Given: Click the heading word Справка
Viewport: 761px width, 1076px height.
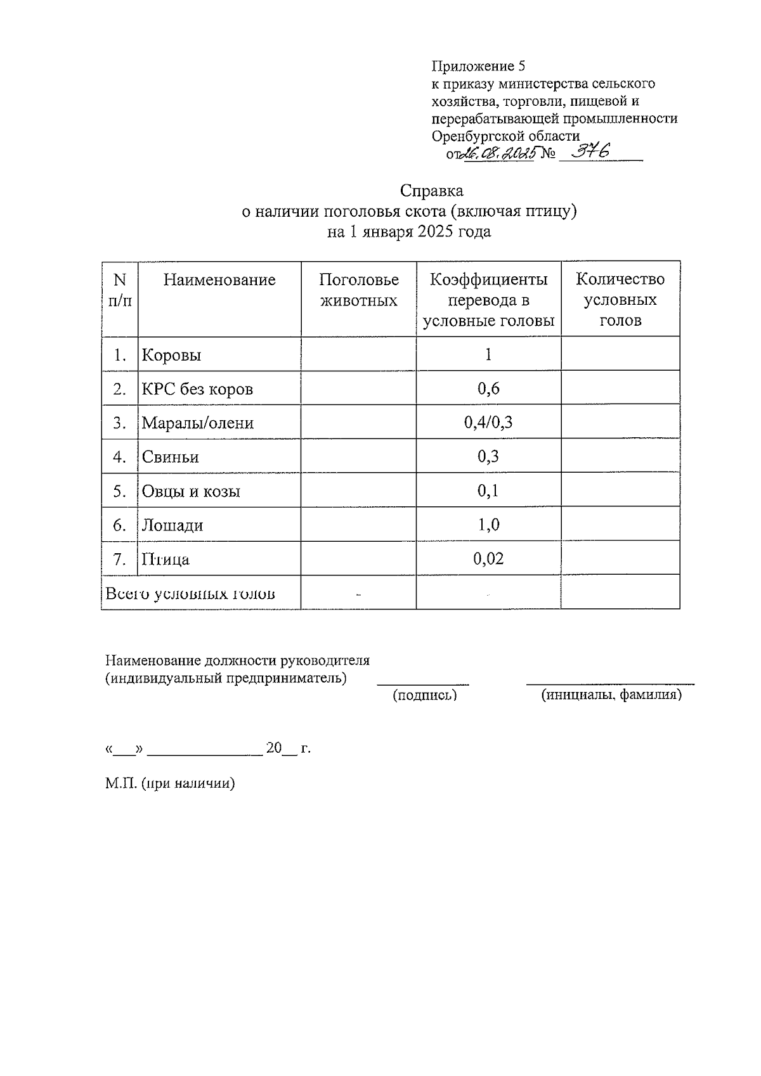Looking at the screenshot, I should pyautogui.click(x=431, y=191).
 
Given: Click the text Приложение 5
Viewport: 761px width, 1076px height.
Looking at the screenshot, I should pyautogui.click(x=479, y=66).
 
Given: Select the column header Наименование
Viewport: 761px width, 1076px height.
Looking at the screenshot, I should pyautogui.click(x=219, y=280).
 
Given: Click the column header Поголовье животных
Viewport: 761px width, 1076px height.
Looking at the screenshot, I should pyautogui.click(x=359, y=290).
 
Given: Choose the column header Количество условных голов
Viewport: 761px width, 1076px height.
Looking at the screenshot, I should pyautogui.click(x=620, y=300).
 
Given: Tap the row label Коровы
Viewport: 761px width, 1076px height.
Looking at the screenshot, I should pyautogui.click(x=171, y=355).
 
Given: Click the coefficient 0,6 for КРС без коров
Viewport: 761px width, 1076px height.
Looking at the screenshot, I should pyautogui.click(x=488, y=388).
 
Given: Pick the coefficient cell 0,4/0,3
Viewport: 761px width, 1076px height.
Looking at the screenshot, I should pyautogui.click(x=488, y=423).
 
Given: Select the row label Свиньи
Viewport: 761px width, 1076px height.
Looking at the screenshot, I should pyautogui.click(x=170, y=457).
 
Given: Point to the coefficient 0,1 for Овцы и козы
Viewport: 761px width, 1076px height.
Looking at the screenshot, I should pyautogui.click(x=488, y=491).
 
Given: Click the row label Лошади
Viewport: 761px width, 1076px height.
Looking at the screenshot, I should pyautogui.click(x=172, y=525).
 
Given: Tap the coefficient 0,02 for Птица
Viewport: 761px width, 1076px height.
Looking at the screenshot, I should pyautogui.click(x=488, y=559).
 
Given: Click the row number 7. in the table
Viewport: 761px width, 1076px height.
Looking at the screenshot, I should pyautogui.click(x=119, y=559).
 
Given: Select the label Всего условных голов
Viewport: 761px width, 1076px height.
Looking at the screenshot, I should pyautogui.click(x=190, y=594).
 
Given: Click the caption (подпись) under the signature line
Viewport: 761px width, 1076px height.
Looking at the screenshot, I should pyautogui.click(x=424, y=695).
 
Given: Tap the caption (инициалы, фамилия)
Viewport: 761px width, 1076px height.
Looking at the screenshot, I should pyautogui.click(x=611, y=695).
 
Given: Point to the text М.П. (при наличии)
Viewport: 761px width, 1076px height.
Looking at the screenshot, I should pyautogui.click(x=170, y=783).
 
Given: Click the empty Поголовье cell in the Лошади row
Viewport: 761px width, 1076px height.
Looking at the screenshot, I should pyautogui.click(x=358, y=525).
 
